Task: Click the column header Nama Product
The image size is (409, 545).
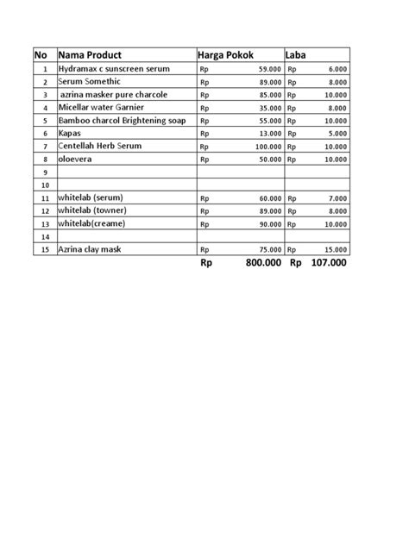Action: click(x=90, y=54)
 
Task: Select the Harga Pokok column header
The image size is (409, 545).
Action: click(x=226, y=54)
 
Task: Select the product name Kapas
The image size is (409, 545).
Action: click(x=70, y=134)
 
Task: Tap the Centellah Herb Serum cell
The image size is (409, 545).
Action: click(x=100, y=147)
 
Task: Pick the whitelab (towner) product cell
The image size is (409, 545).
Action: click(x=94, y=210)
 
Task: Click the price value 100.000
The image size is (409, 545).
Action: click(x=266, y=147)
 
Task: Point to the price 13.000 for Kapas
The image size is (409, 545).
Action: click(x=268, y=135)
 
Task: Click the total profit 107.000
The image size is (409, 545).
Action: click(x=329, y=263)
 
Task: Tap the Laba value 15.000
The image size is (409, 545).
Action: click(x=335, y=249)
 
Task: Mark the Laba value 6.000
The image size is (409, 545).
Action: click(x=337, y=69)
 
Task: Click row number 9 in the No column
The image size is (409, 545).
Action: click(x=44, y=172)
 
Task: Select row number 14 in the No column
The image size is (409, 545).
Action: click(x=44, y=235)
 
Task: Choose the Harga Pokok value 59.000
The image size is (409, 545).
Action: click(x=268, y=69)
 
